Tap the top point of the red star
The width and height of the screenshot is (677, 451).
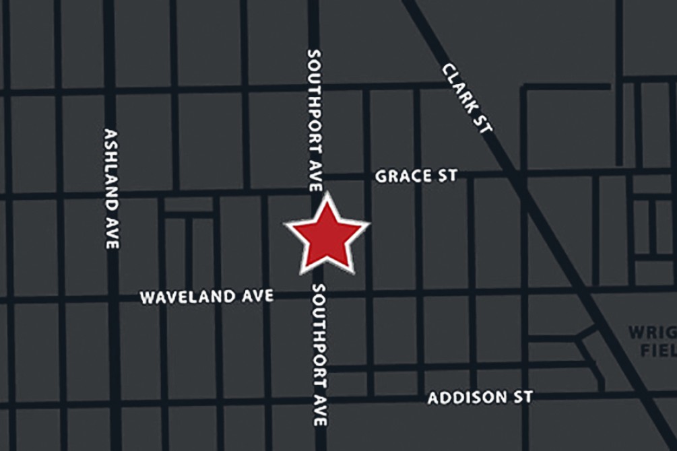click(x=327, y=196)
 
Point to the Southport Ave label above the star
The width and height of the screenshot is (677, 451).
click(x=315, y=120)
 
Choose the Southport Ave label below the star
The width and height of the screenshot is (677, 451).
click(x=319, y=354)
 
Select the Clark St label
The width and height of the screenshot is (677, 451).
click(x=468, y=98)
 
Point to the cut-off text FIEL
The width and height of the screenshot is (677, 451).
click(x=657, y=351)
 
